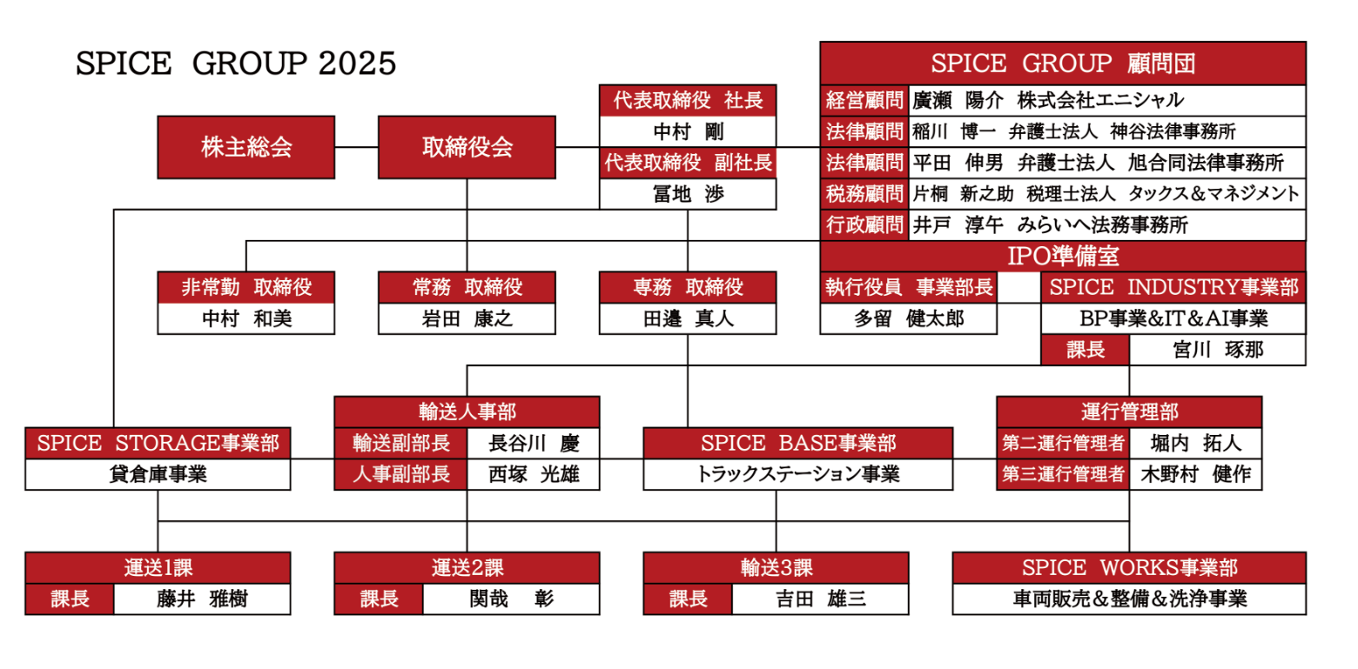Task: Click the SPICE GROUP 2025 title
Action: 236,64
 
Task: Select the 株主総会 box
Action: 246,147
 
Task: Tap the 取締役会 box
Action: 467,147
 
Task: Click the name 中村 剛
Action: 688,131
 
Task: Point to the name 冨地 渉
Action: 688,194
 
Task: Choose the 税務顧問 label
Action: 864,193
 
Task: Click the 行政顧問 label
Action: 864,224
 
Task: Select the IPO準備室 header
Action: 1062,257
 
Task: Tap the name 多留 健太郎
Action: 908,318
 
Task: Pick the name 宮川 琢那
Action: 1217,350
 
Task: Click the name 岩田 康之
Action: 467,318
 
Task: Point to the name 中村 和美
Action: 246,318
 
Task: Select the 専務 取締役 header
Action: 688,286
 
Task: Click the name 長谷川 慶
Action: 533,444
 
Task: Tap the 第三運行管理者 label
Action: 1063,475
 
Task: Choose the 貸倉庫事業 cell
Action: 158,475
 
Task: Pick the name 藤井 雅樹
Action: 202,599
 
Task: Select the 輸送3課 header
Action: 775,568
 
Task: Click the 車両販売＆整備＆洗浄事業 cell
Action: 1129,599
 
